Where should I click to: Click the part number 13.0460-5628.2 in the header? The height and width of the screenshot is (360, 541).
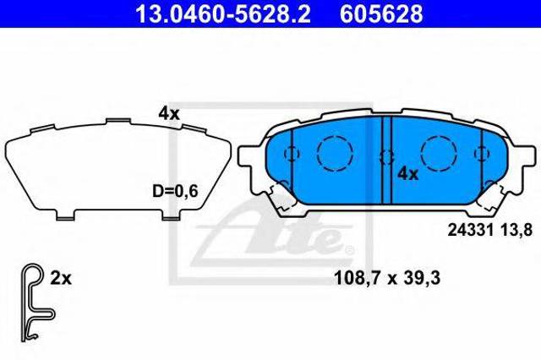point(223,14)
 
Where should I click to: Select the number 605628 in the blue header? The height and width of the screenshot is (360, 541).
point(381,14)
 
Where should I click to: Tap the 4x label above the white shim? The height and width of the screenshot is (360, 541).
point(169,113)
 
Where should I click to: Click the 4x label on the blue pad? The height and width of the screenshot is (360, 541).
point(407,174)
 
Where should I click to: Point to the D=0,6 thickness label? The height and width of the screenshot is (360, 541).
point(175,191)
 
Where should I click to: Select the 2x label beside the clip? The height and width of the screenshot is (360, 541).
point(61,278)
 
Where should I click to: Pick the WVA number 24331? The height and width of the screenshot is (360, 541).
point(470,230)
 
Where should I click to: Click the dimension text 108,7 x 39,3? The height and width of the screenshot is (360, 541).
point(387,278)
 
